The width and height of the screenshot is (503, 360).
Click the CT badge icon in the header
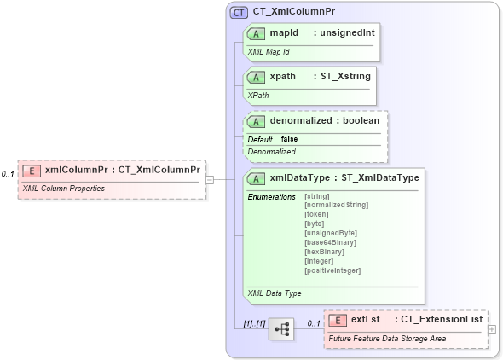[240, 14]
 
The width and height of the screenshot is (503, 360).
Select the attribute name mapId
[284, 32]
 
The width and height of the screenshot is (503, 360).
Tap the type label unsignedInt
[345, 32]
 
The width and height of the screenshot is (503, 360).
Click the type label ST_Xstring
[344, 76]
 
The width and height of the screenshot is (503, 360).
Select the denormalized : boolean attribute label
[325, 120]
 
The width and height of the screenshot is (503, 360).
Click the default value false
[290, 139]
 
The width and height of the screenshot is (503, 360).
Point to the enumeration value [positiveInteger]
[332, 270]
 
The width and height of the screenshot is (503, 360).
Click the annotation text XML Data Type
[275, 293]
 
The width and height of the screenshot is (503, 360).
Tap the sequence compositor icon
[280, 328]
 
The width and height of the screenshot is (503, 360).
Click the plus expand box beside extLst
[492, 328]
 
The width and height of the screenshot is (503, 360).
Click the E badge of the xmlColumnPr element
[31, 169]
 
